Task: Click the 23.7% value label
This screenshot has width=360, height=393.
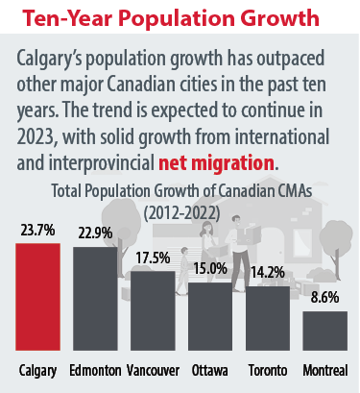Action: pyautogui.click(x=36, y=231)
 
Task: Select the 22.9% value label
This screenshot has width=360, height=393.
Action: pyautogui.click(x=94, y=235)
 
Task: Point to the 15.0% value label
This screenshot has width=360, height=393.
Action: pyautogui.click(x=209, y=271)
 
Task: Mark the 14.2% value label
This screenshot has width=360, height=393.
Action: pyautogui.click(x=268, y=274)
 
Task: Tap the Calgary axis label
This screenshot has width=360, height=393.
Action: pyautogui.click(x=37, y=370)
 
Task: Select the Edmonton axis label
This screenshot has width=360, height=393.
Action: pyautogui.click(x=95, y=370)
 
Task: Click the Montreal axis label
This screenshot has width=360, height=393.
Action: pyautogui.click(x=324, y=370)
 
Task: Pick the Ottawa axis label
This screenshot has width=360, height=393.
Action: pyautogui.click(x=209, y=370)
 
